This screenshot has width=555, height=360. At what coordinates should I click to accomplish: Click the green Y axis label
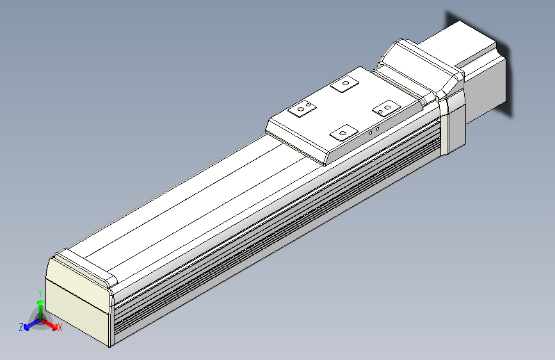tap(40, 292)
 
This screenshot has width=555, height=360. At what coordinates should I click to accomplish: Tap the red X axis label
tap(60, 327)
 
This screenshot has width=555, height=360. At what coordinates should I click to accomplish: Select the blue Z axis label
tap(21, 327)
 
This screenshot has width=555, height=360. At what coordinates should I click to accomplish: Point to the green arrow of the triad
tap(40, 306)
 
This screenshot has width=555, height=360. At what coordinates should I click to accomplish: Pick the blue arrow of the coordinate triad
tap(29, 324)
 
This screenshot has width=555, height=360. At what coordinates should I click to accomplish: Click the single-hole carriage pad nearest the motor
tap(345, 83)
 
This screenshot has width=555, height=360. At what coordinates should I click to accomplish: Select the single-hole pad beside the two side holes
tap(342, 133)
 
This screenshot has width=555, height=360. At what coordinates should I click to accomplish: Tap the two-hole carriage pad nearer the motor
tap(386, 108)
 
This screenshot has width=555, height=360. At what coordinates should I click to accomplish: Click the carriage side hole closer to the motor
tap(377, 129)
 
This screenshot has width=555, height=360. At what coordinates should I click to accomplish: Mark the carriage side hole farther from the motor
tap(371, 132)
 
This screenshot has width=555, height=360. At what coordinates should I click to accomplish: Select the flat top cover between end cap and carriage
tap(186, 205)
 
